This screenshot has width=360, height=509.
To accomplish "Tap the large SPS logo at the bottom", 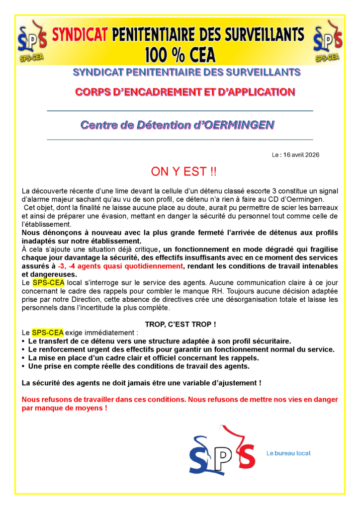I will [x=222, y=450].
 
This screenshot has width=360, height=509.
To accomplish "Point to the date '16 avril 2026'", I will [x=301, y=155].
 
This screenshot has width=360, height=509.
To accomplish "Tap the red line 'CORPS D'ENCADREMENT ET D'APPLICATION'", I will [x=184, y=92].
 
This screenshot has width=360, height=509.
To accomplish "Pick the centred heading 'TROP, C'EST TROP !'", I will [x=180, y=325].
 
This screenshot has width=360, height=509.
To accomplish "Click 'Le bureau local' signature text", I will [x=288, y=453].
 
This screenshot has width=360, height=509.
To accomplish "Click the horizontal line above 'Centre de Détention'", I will [x=180, y=110].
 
